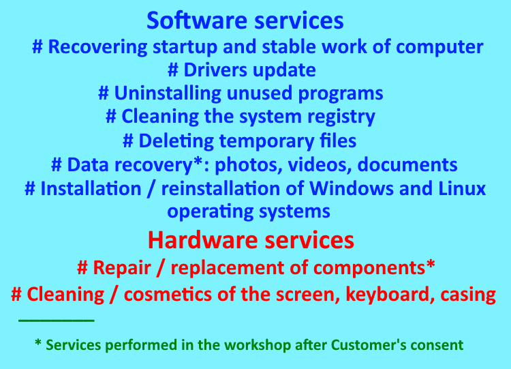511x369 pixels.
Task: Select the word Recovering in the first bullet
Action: coord(97,47)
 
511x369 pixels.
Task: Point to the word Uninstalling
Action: coord(168,93)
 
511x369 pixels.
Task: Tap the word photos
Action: coord(248,165)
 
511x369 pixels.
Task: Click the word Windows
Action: coord(352,188)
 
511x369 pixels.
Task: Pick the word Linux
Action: coord(462,188)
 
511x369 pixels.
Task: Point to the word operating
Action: coord(211,211)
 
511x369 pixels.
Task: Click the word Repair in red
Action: coord(122,268)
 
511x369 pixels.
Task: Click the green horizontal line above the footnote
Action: coord(57,321)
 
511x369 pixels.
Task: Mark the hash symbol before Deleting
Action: coord(128,141)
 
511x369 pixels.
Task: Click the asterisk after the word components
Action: coord(431,263)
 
